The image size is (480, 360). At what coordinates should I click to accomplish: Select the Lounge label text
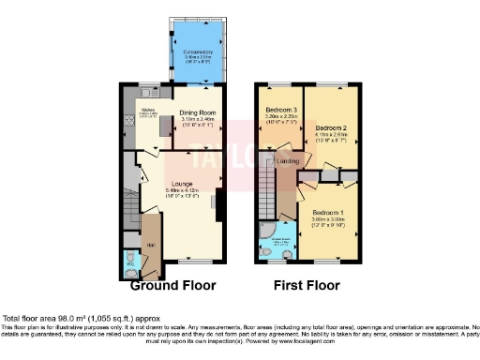pyautogui.click(x=183, y=184)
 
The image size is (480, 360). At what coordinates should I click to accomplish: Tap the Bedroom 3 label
pyautogui.click(x=280, y=110)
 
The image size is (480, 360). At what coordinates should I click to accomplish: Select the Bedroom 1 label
pyautogui.click(x=331, y=212)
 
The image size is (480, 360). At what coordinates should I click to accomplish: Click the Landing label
pyautogui.click(x=289, y=162)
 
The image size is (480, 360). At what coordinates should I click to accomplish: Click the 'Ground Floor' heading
pyautogui.click(x=167, y=285)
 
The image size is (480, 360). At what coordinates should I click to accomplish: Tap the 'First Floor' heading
pyautogui.click(x=306, y=285)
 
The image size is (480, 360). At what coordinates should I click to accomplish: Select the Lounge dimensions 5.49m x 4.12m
pyautogui.click(x=183, y=191)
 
